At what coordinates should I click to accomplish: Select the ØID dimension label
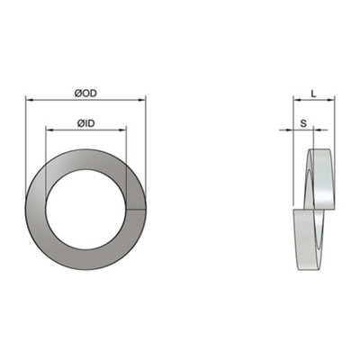click(x=86, y=121)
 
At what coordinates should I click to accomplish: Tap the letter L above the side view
click(x=312, y=93)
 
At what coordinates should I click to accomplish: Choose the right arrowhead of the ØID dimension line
click(x=125, y=130)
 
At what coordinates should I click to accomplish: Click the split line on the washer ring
click(x=135, y=211)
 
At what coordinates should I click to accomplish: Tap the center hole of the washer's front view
click(x=86, y=211)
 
